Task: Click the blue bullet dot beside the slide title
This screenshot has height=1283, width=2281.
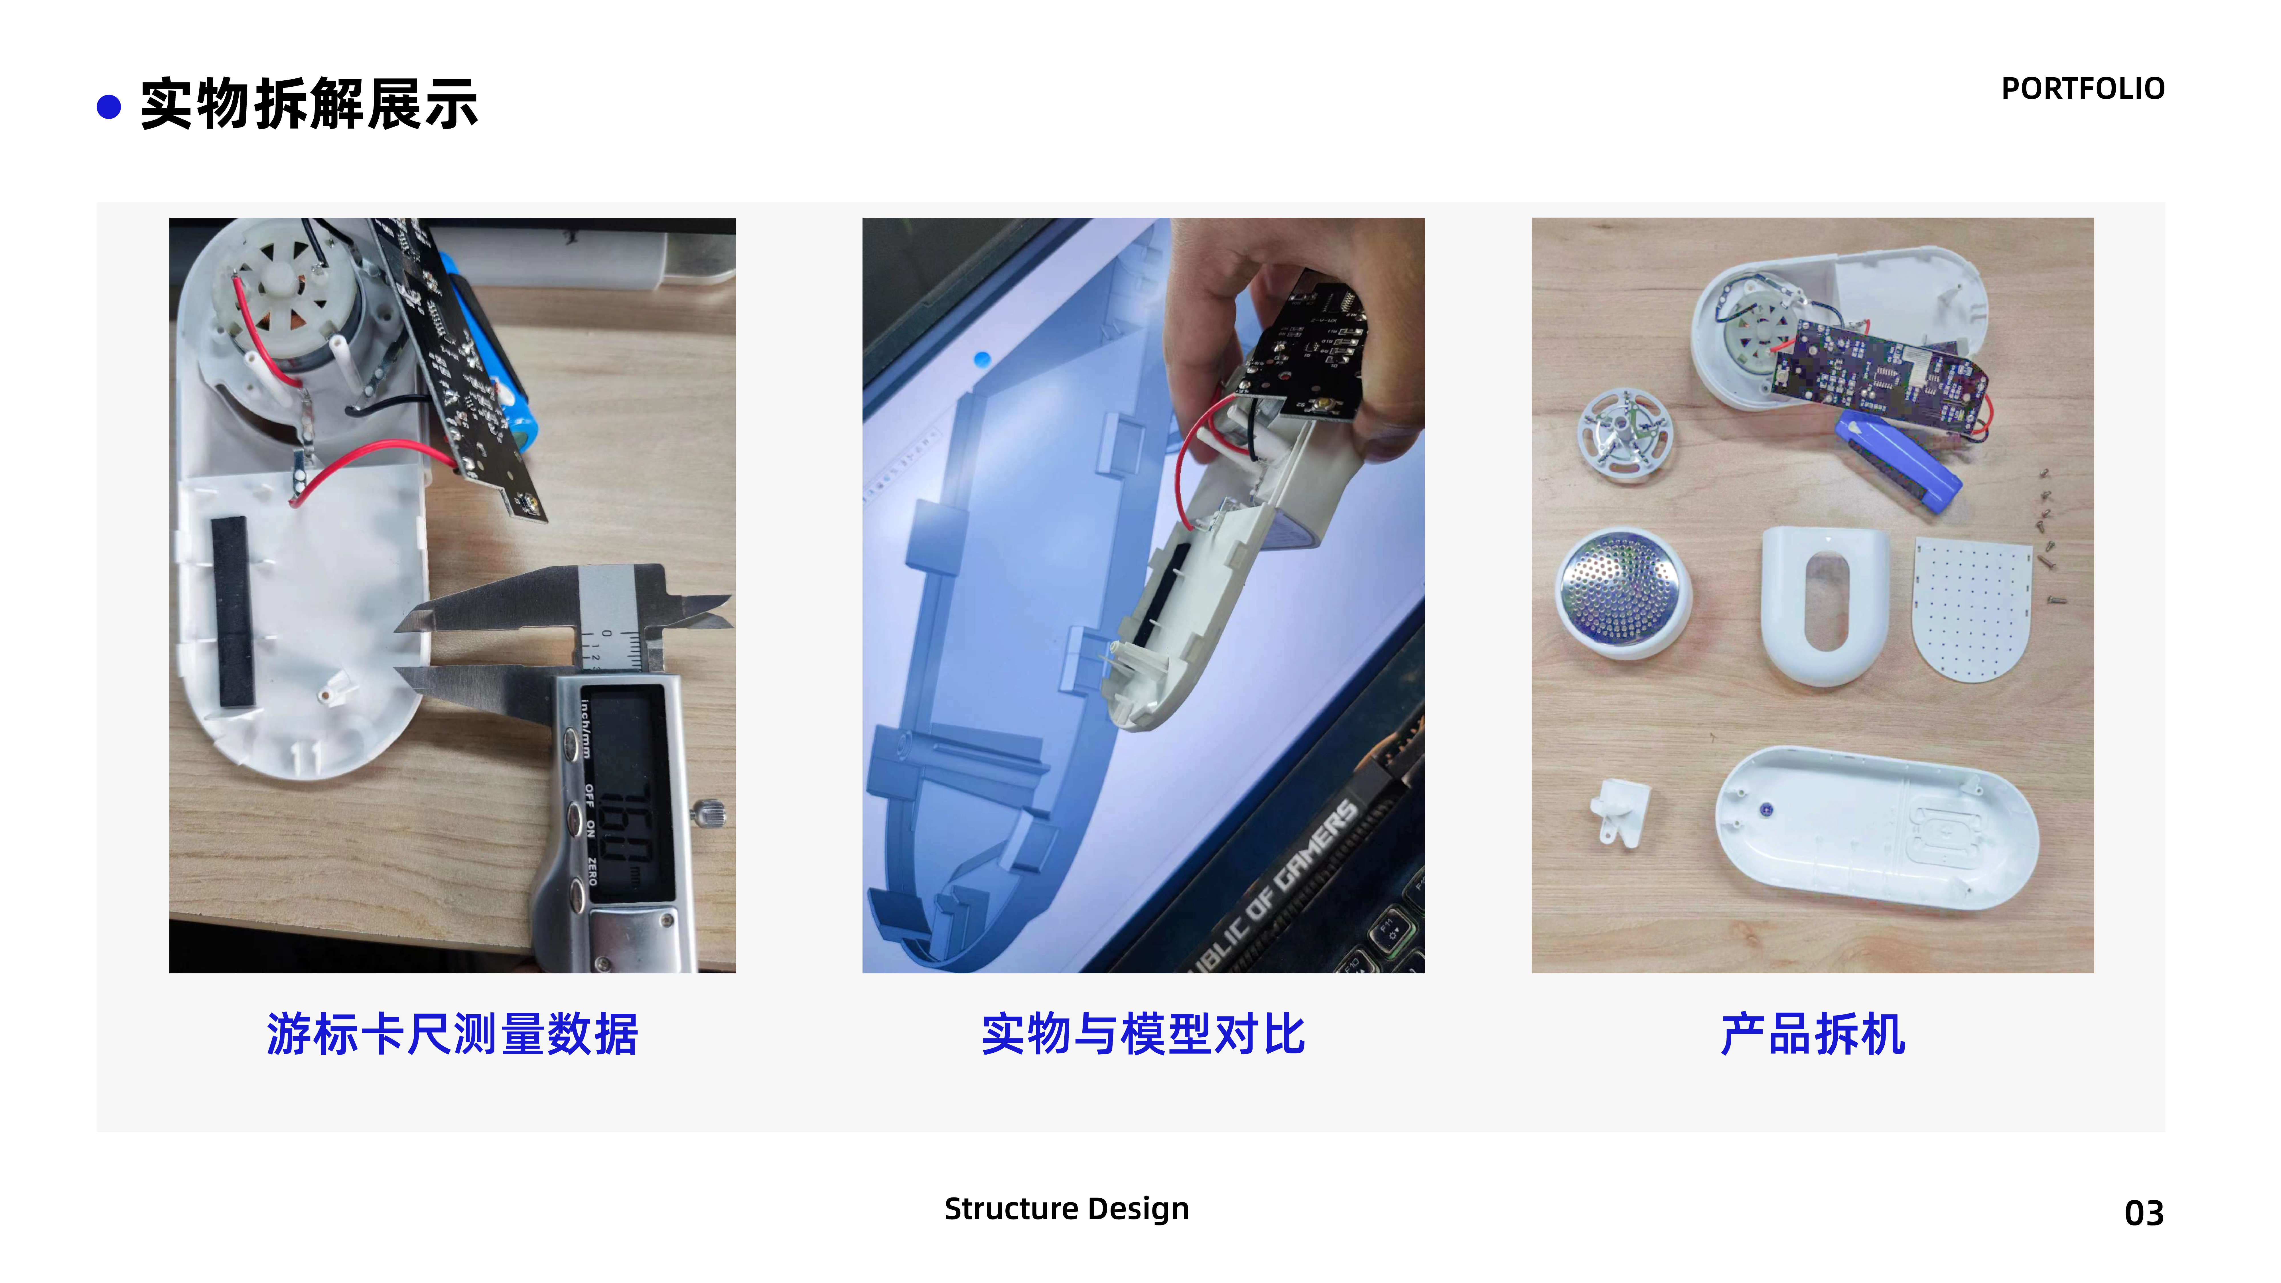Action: [x=108, y=107]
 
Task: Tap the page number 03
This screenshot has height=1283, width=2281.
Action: [x=2143, y=1212]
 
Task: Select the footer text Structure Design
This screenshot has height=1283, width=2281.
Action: [x=1066, y=1209]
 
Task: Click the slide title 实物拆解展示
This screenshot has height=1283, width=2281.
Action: [x=309, y=104]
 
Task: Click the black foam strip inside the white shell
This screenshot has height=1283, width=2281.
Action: [x=232, y=611]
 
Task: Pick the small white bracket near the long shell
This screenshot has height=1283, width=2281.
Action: [x=1620, y=810]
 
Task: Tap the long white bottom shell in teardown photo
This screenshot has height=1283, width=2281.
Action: [x=1877, y=828]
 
